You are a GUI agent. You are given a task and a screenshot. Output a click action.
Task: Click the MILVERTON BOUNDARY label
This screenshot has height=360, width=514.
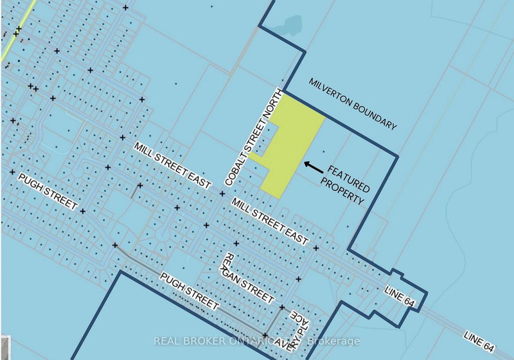coord(353,104)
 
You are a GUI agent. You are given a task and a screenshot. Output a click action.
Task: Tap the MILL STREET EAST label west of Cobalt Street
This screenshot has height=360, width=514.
coord(172,165)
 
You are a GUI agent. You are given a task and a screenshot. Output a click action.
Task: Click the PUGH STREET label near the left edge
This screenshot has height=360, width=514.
coord(48,192)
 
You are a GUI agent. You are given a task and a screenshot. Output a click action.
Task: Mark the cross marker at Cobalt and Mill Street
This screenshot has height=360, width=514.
coord(222,194)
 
